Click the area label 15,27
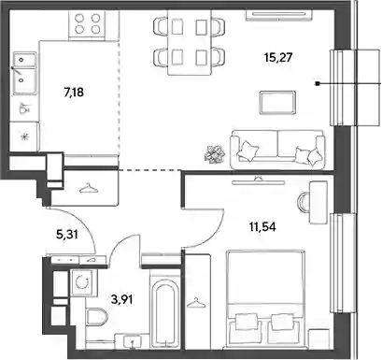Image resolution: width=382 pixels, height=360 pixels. click(x=278, y=58)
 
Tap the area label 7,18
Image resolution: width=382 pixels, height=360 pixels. click(x=74, y=93)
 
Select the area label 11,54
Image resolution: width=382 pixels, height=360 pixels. click(x=262, y=227)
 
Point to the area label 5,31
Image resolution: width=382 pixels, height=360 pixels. click(x=66, y=234)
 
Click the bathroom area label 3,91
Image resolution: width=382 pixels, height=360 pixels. click(x=122, y=299)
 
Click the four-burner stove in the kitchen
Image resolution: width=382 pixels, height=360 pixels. click(x=87, y=24)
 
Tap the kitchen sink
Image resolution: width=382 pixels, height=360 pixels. click(x=24, y=73)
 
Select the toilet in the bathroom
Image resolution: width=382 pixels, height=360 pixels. click(x=95, y=317)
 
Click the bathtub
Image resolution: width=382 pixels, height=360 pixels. click(x=165, y=312)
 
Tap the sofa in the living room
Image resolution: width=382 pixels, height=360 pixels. click(x=277, y=150)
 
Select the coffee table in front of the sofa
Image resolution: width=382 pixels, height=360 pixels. click(x=277, y=103)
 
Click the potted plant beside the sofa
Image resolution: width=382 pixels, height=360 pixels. click(x=215, y=153)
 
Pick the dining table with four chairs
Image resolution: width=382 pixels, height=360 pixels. click(x=190, y=42)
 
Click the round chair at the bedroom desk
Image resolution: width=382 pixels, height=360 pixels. click(x=304, y=203)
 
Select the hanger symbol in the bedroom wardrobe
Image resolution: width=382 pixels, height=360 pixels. click(x=195, y=302)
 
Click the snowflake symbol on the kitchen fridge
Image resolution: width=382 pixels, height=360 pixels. click(x=23, y=137)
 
